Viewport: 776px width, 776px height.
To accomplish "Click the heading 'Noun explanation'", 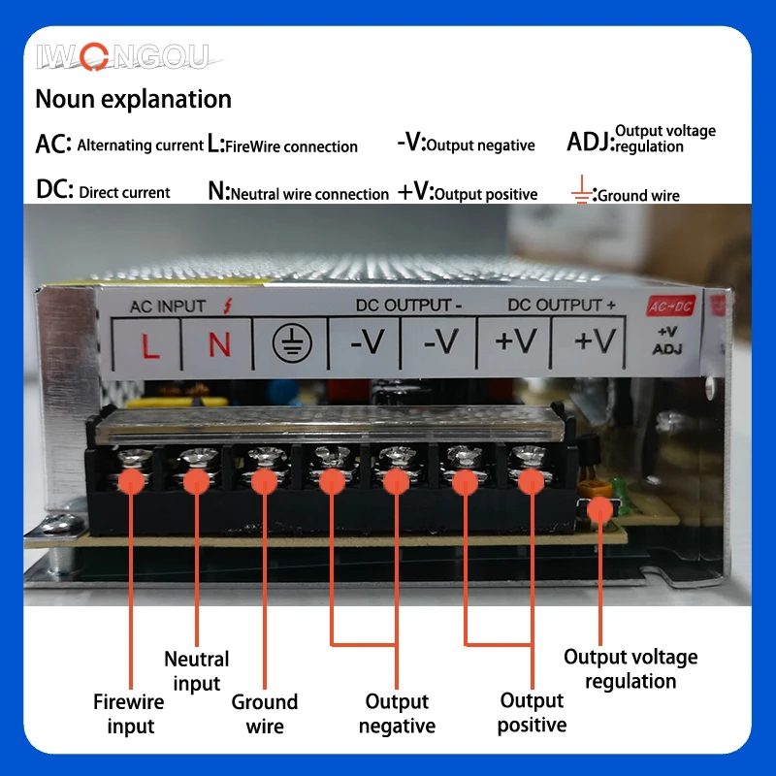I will pyautogui.click(x=133, y=99).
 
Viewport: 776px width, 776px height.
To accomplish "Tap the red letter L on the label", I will pyautogui.click(x=150, y=343).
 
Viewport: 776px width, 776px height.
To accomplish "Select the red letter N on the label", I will pyautogui.click(x=220, y=343).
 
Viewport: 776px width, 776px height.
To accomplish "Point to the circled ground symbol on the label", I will pyautogui.click(x=289, y=343).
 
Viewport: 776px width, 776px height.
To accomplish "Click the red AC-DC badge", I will pyautogui.click(x=671, y=306).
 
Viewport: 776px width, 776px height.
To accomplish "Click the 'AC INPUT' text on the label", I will pyautogui.click(x=168, y=307).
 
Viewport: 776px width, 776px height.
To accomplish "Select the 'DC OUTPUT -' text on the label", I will pyautogui.click(x=408, y=305).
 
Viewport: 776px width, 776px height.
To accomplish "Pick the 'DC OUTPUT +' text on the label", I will pyautogui.click(x=562, y=305).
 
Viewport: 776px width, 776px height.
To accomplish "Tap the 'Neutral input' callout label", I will pyautogui.click(x=197, y=671).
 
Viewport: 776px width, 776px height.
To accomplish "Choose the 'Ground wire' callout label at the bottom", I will pyautogui.click(x=264, y=714).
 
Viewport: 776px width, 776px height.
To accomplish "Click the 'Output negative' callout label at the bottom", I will pyautogui.click(x=397, y=714).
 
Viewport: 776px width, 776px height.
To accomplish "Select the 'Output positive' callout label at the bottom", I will pyautogui.click(x=532, y=713).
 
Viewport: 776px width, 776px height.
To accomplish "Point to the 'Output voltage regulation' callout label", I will pyautogui.click(x=630, y=669).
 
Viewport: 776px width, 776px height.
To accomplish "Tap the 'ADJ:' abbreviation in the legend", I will pyautogui.click(x=590, y=143).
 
